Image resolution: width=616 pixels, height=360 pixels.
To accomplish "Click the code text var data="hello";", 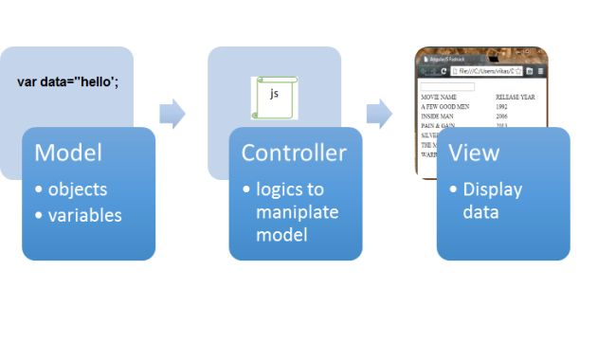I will pyautogui.click(x=68, y=81).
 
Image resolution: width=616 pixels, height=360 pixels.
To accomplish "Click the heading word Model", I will pyautogui.click(x=68, y=153).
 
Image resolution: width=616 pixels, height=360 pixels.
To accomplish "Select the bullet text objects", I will pyautogui.click(x=78, y=189).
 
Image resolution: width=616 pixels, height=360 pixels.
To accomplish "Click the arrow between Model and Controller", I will pyautogui.click(x=172, y=114).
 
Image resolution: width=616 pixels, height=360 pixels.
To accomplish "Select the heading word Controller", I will pyautogui.click(x=294, y=153).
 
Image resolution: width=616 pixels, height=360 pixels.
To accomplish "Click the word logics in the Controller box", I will pyautogui.click(x=281, y=189).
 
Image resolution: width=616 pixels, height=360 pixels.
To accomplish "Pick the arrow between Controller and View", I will pyautogui.click(x=379, y=114).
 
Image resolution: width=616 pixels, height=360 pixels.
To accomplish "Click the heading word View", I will pyautogui.click(x=473, y=153).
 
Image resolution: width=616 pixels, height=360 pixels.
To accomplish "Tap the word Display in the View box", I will pyautogui.click(x=492, y=189).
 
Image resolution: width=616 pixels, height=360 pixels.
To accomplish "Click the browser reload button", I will pyautogui.click(x=444, y=71).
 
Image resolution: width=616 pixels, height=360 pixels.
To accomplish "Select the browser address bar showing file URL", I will pyautogui.click(x=485, y=71).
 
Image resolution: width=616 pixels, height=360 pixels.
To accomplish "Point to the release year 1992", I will pyautogui.click(x=502, y=107).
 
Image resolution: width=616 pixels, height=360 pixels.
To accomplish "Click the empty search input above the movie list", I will pyautogui.click(x=453, y=86).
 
